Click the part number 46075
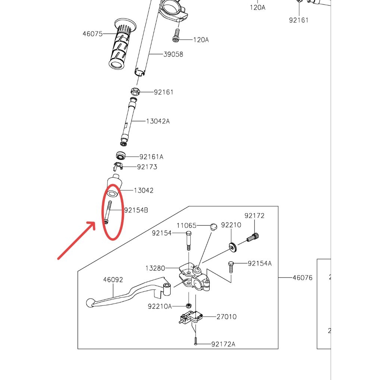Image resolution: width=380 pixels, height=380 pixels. click(x=92, y=34)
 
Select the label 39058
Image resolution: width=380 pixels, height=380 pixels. click(x=173, y=54)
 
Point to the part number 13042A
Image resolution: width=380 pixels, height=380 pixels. click(x=158, y=121)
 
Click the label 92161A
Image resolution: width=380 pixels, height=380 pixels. click(x=151, y=157)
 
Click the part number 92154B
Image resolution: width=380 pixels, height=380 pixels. click(x=136, y=210)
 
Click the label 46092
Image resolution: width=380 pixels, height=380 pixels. click(x=113, y=280)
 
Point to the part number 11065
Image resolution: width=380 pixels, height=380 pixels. click(x=186, y=225)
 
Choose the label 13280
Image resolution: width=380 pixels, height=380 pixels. click(x=155, y=268)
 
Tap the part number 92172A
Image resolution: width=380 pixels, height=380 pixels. click(x=223, y=344)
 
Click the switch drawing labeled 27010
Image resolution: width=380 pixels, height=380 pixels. click(x=190, y=317)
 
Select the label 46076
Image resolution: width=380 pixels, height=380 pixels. click(x=302, y=277)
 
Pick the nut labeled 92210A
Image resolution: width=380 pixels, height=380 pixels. click(x=189, y=305)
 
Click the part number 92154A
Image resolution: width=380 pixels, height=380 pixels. click(x=260, y=263)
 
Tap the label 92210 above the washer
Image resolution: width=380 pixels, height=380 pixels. click(x=231, y=225)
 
